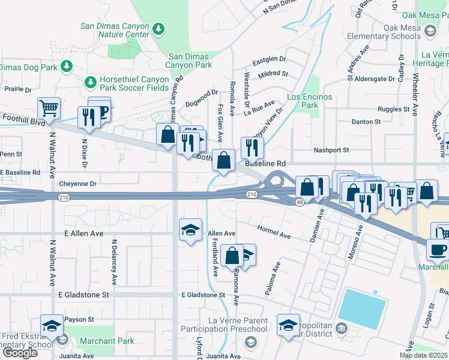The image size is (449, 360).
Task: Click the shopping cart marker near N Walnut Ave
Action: pyautogui.click(x=49, y=109)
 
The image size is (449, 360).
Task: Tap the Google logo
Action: pyautogui.click(x=20, y=353)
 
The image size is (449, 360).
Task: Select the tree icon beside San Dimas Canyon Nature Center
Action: pyautogui.click(x=158, y=29)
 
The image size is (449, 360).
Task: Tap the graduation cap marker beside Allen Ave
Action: pyautogui.click(x=191, y=230)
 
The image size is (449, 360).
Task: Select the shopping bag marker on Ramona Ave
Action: pyautogui.click(x=232, y=256)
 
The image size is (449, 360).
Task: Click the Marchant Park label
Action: pyautogui.click(x=109, y=341)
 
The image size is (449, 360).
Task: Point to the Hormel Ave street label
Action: pyautogui.click(x=274, y=232)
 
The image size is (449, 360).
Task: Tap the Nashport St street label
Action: pyautogui.click(x=331, y=150)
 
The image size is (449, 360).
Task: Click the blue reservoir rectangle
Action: pyautogui.click(x=361, y=310)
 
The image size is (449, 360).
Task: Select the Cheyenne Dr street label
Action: pyautogui.click(x=77, y=184)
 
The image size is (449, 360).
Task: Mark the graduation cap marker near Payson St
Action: pyautogui.click(x=52, y=326)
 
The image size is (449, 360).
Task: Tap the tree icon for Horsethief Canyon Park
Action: pyautogui.click(x=91, y=81)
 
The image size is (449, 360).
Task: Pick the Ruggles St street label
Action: pyautogui.click(x=393, y=109)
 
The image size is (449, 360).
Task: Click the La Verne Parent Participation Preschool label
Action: pyautogui.click(x=238, y=325)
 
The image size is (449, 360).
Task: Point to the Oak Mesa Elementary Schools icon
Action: pyautogui.click(x=430, y=30)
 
